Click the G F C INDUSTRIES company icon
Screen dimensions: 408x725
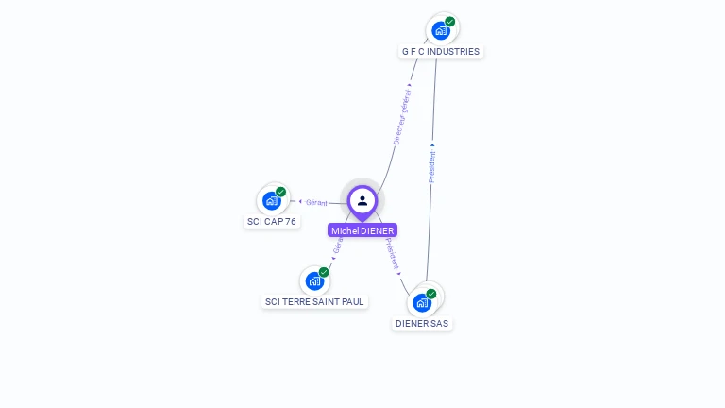pos(440,30)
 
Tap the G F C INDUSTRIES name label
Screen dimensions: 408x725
pos(440,52)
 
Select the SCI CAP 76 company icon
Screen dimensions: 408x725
pos(272,200)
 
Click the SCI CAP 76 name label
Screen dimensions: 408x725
pos(272,222)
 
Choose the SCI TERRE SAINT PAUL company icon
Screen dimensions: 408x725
pos(314,280)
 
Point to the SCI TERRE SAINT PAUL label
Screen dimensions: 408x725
pos(314,302)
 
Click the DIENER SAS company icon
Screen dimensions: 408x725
pos(422,302)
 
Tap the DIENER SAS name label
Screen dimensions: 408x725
pos(422,324)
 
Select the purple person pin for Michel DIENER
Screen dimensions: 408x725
pos(362,200)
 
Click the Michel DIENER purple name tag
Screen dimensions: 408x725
pos(362,230)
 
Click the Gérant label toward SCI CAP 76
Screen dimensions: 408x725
pos(316,202)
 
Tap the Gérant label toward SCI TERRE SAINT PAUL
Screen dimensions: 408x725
pos(337,246)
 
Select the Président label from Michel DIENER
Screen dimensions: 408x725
pos(393,253)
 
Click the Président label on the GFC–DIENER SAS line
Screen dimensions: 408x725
pos(432,165)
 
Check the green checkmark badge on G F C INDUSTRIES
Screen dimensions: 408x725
pos(450,21)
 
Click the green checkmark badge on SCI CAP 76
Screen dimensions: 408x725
pos(281,192)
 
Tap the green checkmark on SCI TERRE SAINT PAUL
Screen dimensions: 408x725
pos(324,272)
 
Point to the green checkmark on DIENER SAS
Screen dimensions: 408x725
pos(431,294)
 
